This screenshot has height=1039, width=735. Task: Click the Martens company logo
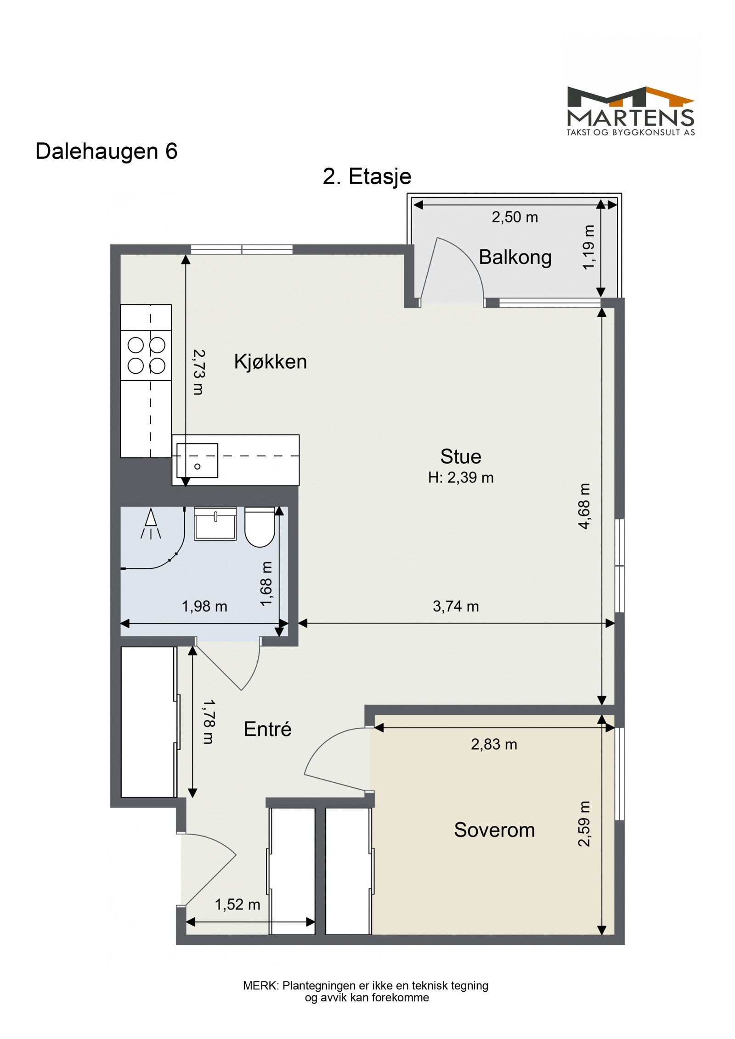630,111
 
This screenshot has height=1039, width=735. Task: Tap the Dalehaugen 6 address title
106,151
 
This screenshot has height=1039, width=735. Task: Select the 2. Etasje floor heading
367,177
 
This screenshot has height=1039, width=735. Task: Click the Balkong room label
515,257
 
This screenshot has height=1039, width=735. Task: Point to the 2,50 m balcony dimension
514,217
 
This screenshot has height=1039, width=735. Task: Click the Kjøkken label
270,362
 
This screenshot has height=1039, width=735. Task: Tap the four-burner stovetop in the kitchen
146,355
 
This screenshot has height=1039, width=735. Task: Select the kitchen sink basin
198,460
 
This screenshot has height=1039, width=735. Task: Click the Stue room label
461,456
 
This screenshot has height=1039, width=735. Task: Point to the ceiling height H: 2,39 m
461,477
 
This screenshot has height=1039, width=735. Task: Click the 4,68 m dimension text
584,506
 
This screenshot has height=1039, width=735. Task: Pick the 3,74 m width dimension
456,606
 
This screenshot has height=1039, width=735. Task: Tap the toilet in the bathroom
260,527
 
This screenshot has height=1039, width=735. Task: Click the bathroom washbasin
215,523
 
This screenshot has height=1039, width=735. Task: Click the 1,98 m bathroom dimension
204,607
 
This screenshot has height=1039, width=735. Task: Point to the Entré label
267,729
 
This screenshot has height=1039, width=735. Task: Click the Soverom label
494,830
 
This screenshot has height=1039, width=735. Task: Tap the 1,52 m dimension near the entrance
237,904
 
